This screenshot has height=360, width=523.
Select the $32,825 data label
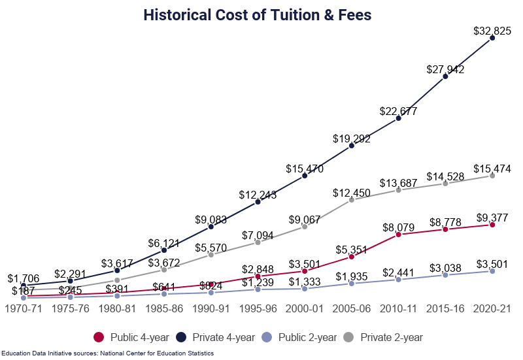tap(492, 30)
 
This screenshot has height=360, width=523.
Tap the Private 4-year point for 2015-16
tap(445, 76)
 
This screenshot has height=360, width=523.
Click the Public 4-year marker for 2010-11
tap(398, 234)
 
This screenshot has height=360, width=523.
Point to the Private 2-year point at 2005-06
tap(352, 199)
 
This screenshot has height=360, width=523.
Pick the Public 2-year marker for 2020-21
tap(492, 270)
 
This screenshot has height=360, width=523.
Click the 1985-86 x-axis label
tap(163, 308)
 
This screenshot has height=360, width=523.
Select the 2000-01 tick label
tap(305, 308)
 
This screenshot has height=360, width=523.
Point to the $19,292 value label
tap(352, 138)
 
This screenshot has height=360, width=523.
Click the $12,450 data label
tap(352, 193)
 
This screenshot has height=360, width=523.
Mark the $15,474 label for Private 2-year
tap(492, 169)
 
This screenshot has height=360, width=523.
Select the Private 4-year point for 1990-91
tap(211, 227)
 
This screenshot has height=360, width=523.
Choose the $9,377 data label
tap(492, 218)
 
